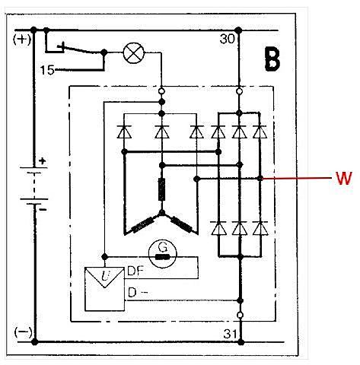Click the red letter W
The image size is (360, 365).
tap(344, 178)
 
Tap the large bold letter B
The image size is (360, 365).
tap(272, 59)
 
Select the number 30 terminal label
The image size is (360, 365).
tap(228, 40)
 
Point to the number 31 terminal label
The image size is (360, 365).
tap(231, 334)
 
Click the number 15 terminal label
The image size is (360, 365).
tap(47, 70)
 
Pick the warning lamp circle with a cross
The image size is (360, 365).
tap(134, 52)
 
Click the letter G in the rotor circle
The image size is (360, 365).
tap(162, 246)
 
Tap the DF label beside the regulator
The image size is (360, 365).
tap(135, 271)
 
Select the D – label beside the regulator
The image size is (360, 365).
tap(137, 293)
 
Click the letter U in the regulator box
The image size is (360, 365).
tap(104, 276)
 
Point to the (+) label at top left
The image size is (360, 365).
tap(22, 40)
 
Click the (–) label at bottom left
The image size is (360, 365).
tap(24, 332)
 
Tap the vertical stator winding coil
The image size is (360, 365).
tap(161, 189)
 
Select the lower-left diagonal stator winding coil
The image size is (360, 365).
tap(143, 224)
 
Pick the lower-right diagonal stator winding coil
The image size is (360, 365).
tap(181, 224)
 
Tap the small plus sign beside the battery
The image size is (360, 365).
tap(43, 160)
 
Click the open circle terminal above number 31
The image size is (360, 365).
tap(240, 315)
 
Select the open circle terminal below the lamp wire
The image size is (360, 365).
tap(161, 90)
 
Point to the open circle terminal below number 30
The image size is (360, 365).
tap(239, 91)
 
